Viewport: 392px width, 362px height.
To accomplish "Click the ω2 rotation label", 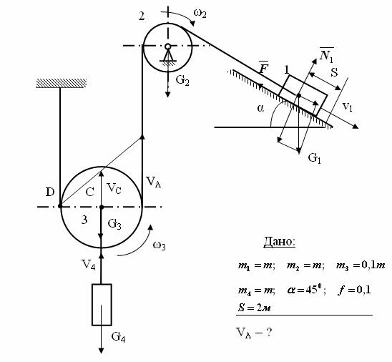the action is click(200, 13).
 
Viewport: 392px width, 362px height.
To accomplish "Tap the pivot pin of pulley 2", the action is click(168, 47).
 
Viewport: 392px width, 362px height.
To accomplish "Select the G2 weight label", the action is click(182, 81).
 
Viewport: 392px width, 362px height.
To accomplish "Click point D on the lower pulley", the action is click(60, 206).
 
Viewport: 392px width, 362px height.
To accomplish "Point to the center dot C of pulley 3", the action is click(102, 207).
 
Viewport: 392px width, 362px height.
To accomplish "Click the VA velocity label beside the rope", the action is click(154, 182).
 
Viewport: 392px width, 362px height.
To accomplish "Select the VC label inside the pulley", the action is click(114, 188).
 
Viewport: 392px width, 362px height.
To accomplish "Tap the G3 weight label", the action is click(114, 224).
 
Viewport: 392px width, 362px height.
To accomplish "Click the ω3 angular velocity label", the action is click(159, 245).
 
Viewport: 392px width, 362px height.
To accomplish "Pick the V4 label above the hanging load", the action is click(88, 264).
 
